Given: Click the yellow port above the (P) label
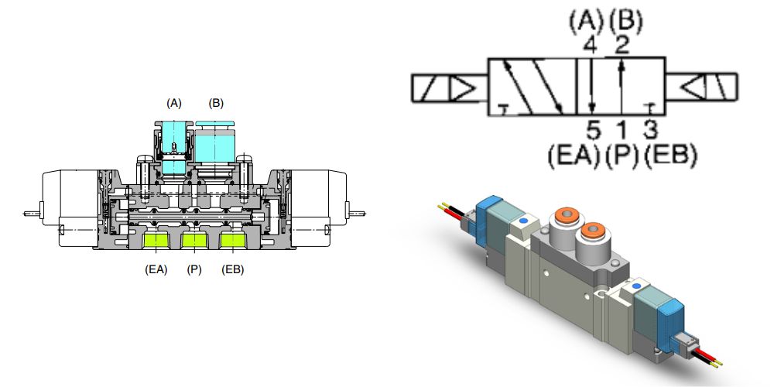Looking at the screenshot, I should point(193,242).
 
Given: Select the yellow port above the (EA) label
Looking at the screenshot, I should point(156,242).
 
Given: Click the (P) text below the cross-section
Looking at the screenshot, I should point(193,270).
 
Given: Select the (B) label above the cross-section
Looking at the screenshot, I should point(216,103).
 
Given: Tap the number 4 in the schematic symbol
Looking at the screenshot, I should point(591,45).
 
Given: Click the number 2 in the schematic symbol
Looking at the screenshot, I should point(621,45).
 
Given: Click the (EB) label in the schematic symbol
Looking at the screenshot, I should point(671,156).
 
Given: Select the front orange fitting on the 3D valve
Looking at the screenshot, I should point(592,231).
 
